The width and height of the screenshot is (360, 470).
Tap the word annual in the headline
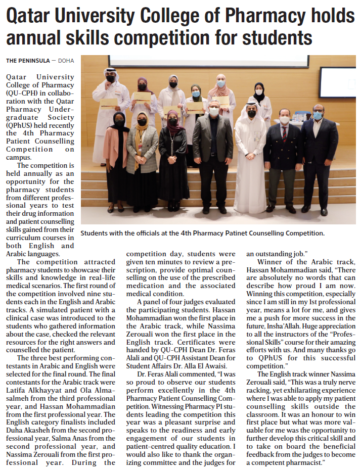(x=38, y=38)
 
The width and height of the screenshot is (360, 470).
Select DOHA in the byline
(x=66, y=61)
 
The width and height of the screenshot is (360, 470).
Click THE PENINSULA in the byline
(x=28, y=61)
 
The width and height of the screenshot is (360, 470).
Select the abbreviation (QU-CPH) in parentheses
(x=21, y=93)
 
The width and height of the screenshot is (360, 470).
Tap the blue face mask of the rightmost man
(x=318, y=116)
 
